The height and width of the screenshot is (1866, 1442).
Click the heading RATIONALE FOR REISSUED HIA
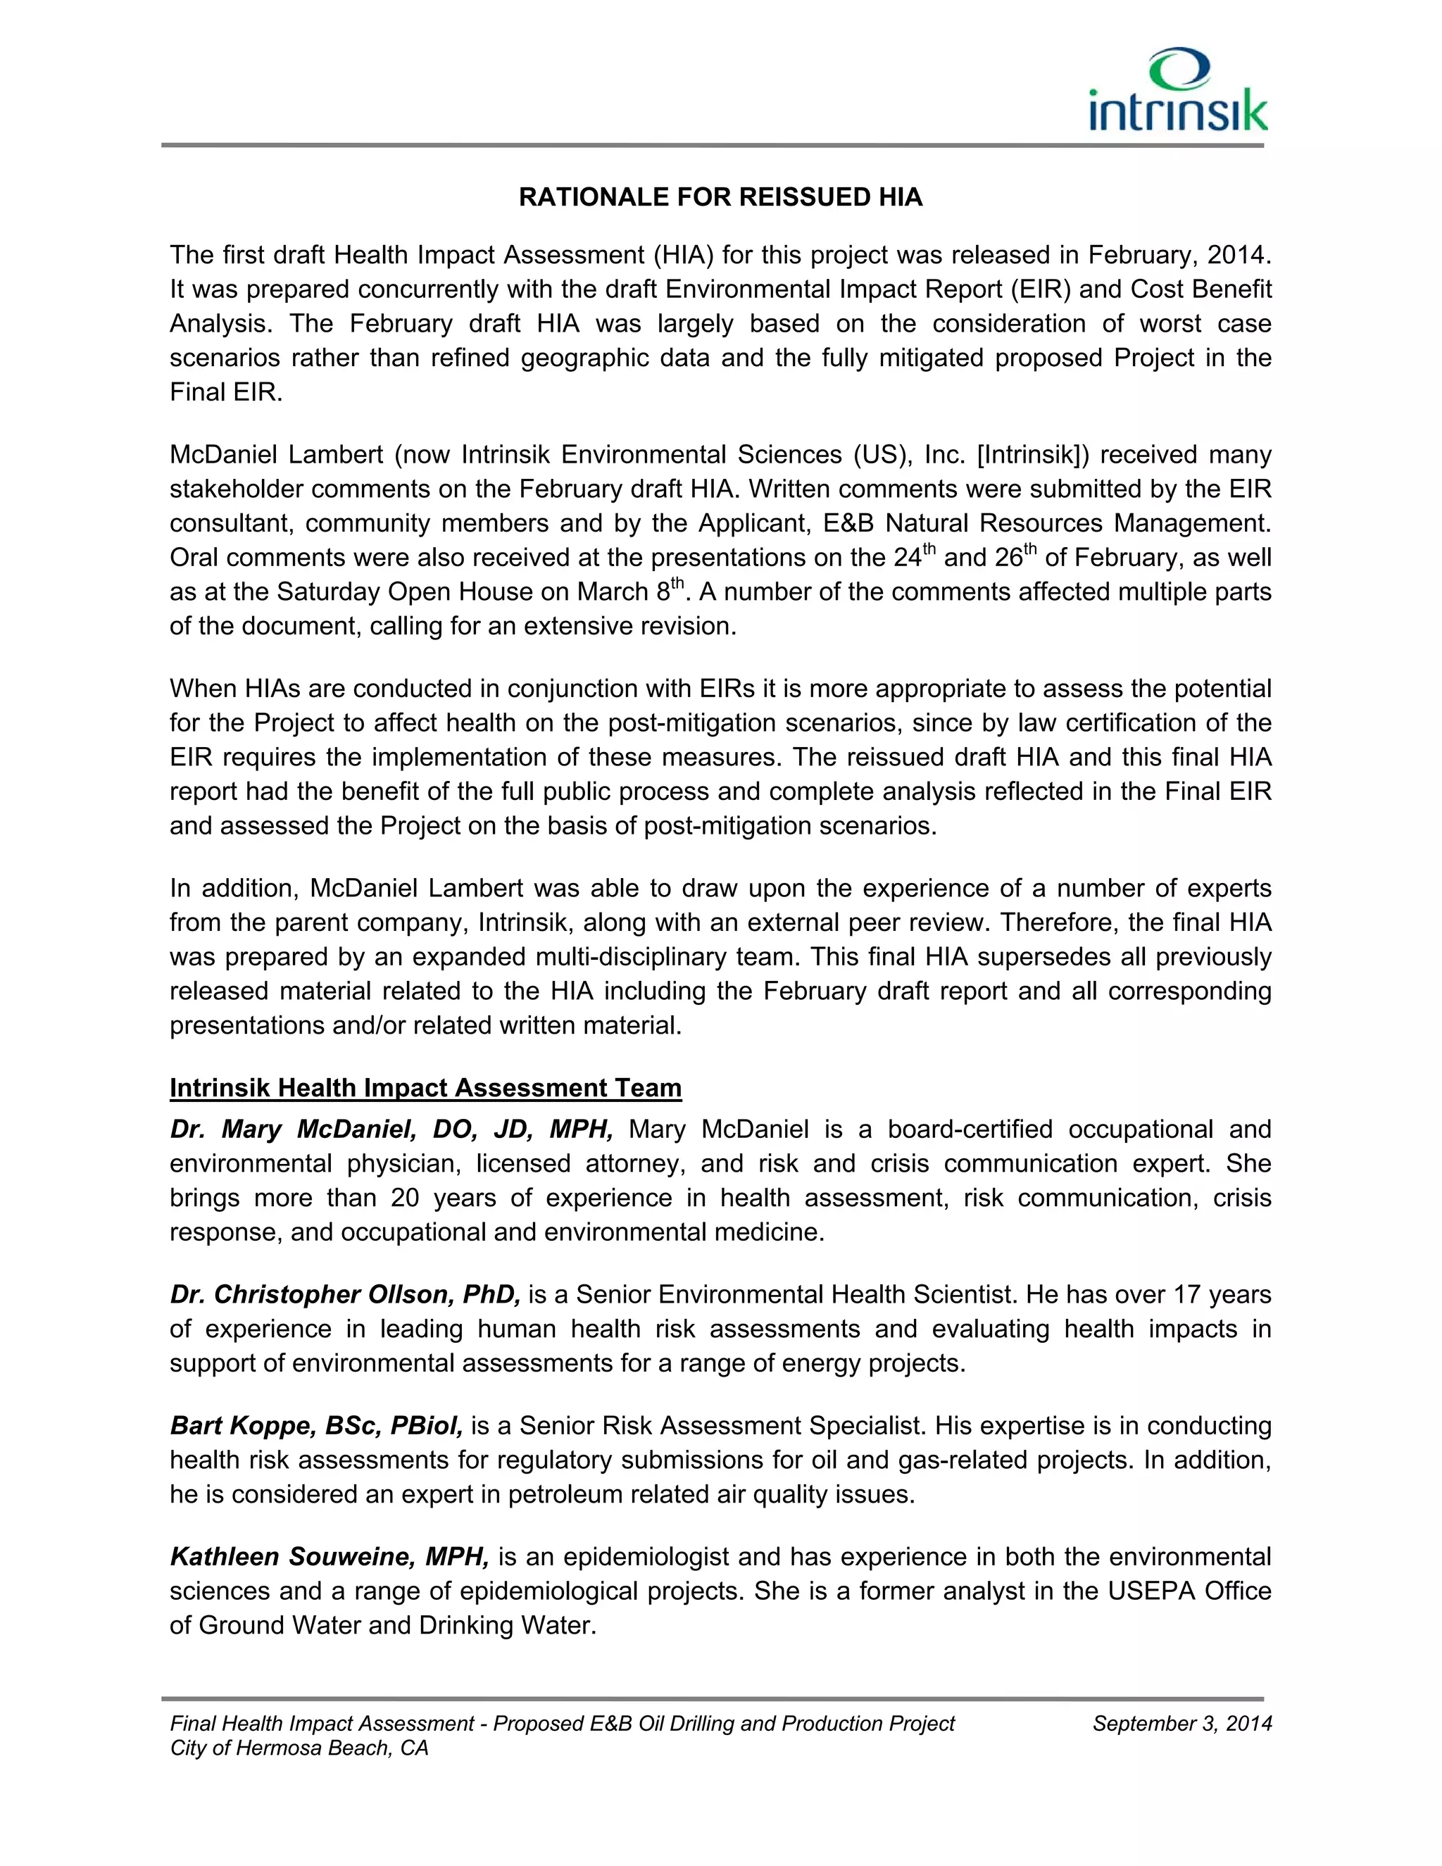point(720,197)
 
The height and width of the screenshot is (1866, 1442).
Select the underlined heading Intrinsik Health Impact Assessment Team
point(425,1088)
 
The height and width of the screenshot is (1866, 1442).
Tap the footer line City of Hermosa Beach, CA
point(299,1748)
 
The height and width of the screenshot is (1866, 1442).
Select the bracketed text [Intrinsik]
point(1033,455)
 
